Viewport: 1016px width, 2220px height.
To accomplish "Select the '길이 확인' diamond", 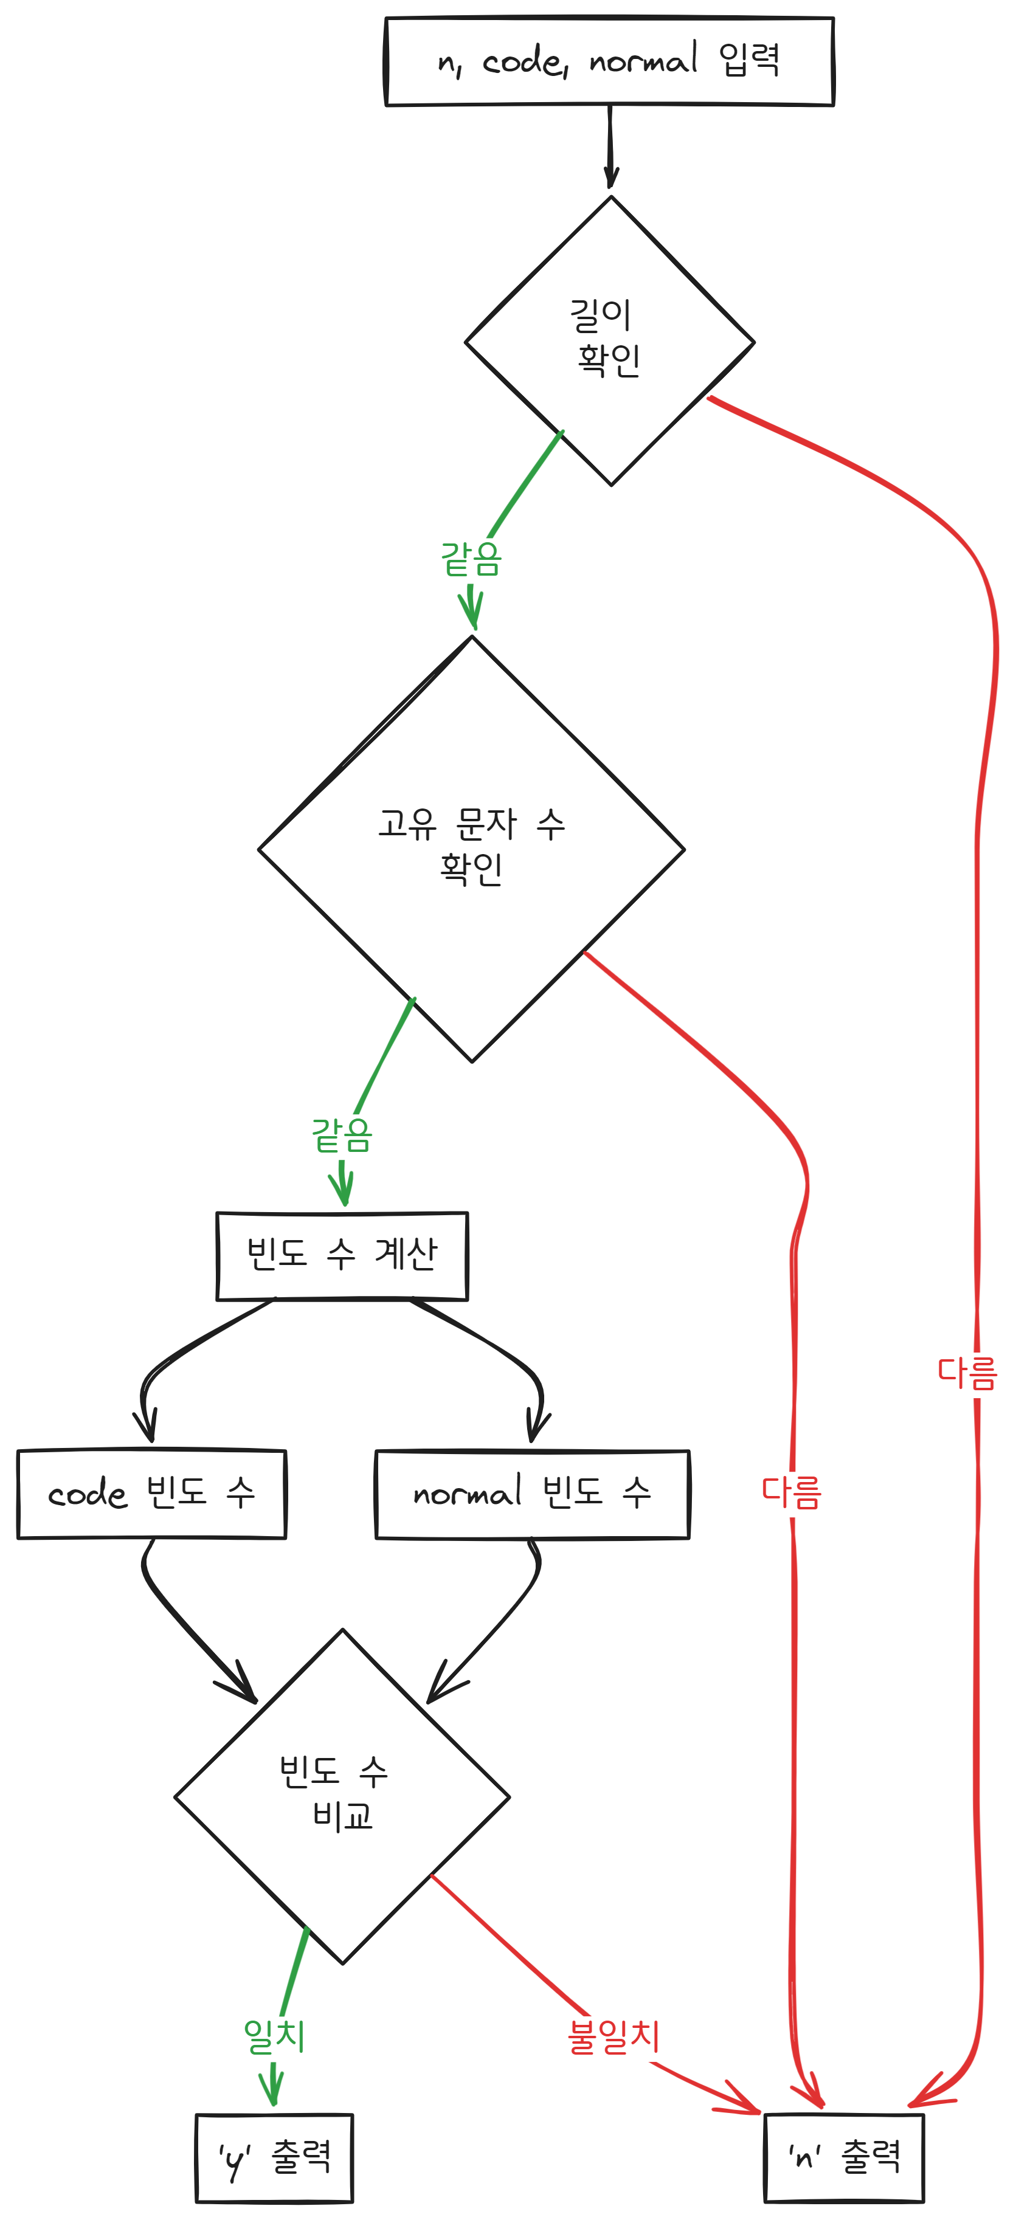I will tap(609, 340).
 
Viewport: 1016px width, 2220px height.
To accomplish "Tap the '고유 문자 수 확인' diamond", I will tap(471, 848).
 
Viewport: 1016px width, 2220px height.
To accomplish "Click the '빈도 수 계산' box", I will tap(342, 1256).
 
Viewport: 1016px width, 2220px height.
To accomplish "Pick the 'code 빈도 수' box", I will tap(151, 1494).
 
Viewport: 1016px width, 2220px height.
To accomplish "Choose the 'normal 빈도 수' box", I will tap(531, 1494).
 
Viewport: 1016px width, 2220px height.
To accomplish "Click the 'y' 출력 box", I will tap(274, 2157).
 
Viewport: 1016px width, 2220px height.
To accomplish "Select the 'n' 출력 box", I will tap(844, 2157).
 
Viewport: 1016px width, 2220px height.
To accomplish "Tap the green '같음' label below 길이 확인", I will tap(471, 559).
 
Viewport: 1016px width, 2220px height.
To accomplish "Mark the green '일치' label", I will tap(274, 2036).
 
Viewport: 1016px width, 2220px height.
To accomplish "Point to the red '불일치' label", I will tap(613, 2036).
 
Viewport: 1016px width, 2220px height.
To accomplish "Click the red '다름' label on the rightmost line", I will tap(967, 1373).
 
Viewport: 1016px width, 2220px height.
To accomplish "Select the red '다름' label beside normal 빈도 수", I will tap(791, 1492).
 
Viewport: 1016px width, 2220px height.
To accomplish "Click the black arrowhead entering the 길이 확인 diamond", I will tap(611, 177).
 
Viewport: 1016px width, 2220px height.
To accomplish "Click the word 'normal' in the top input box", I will tap(643, 60).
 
